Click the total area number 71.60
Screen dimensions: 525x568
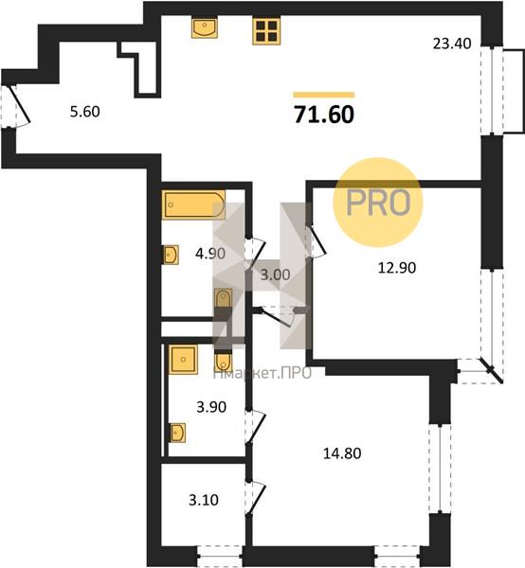point(324,115)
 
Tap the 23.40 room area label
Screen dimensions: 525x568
point(452,44)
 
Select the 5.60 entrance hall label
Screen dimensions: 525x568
point(85,112)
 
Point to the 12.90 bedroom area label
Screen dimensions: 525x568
point(397,268)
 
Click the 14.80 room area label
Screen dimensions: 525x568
point(342,453)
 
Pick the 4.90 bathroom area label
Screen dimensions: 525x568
point(210,253)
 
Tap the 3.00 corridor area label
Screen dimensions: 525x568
point(276,275)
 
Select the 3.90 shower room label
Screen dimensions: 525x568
point(211,407)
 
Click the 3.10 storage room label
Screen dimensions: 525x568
point(204,500)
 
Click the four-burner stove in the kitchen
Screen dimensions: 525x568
point(266,31)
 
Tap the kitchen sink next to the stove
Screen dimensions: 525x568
point(205,27)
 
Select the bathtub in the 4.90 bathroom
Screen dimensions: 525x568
point(193,204)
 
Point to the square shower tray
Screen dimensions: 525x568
point(183,360)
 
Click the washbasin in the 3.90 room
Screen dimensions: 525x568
point(177,433)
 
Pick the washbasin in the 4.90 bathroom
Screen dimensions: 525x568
point(170,255)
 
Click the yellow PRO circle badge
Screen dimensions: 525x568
point(378,203)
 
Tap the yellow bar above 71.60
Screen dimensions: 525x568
point(324,95)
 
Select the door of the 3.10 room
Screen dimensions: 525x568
point(256,497)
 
